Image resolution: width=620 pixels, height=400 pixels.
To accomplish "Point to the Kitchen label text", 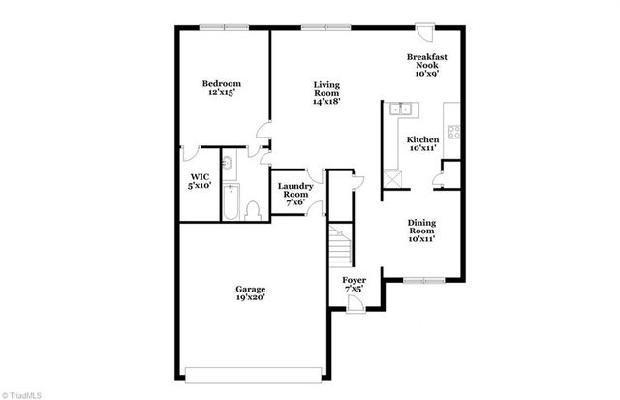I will (x=422, y=144).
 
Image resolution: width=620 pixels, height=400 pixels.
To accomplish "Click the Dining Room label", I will (x=420, y=231).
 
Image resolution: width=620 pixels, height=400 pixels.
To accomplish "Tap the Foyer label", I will (x=355, y=285).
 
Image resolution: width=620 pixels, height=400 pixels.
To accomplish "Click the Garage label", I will (x=251, y=294).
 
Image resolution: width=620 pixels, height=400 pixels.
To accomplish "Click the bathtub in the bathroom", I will (x=230, y=203).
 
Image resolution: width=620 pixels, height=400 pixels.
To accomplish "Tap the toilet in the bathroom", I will (x=253, y=210).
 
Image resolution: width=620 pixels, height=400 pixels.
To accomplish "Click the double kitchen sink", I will (x=401, y=109).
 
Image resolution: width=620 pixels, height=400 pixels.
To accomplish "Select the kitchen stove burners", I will (x=452, y=130).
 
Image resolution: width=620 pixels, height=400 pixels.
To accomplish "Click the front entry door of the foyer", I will (x=356, y=305).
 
